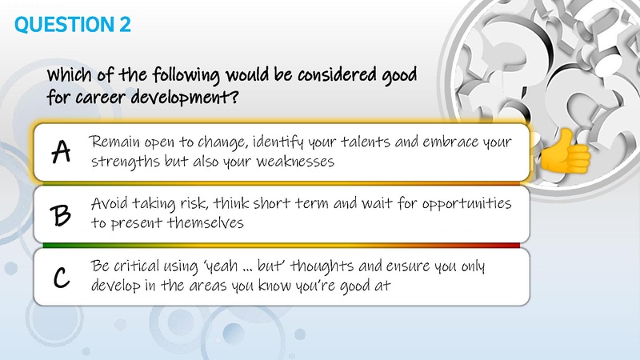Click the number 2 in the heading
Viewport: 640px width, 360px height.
pos(125,25)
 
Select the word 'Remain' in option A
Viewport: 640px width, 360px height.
pos(114,142)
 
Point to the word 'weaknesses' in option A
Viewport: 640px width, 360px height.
pos(293,162)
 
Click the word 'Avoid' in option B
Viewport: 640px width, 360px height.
pos(110,204)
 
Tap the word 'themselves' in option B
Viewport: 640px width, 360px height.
pos(204,223)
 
